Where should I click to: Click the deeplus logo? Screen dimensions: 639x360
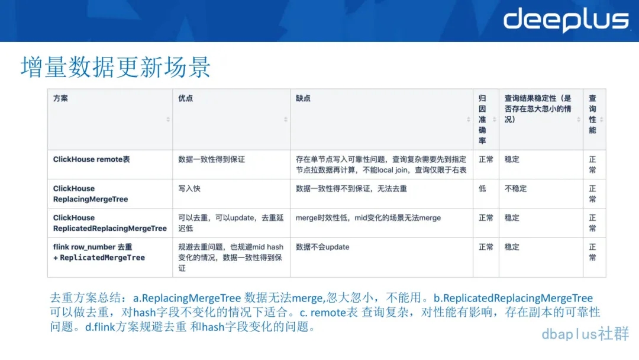coord(566,20)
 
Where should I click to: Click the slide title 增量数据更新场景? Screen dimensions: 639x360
coord(116,67)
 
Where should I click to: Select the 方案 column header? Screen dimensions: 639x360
coord(61,98)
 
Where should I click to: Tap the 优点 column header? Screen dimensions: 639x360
coord(185,98)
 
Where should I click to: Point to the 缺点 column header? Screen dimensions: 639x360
coord(303,98)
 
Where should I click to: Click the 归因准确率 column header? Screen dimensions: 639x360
coord(482,120)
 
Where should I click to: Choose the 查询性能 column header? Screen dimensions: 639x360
coord(592,114)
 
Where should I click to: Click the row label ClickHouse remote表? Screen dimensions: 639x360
coord(92,159)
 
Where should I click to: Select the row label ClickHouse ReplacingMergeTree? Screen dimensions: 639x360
coord(91,194)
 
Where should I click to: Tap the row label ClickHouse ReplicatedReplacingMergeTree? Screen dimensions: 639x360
coord(110,223)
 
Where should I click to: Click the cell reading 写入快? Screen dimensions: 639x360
coord(189,189)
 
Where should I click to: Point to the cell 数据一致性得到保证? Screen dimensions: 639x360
coord(211,159)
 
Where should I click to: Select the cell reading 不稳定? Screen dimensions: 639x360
coord(515,189)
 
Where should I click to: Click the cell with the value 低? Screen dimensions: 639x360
coord(482,189)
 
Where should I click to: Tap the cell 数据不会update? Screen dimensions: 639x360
coord(322,247)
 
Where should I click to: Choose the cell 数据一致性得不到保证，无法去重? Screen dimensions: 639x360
coord(351,189)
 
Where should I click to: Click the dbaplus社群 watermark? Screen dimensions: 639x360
coord(585,334)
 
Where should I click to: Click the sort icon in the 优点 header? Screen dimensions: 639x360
coord(286,120)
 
